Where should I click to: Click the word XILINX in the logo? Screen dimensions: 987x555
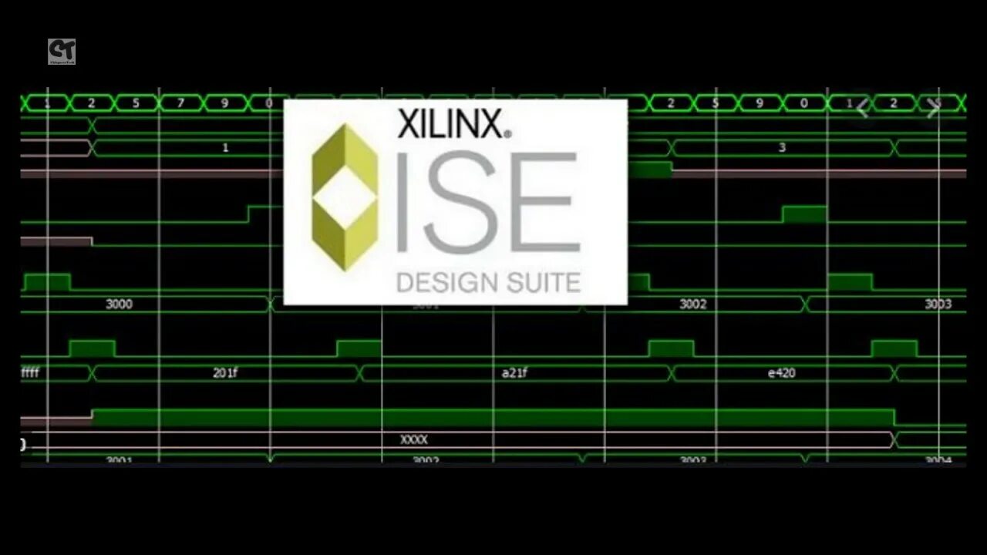pos(450,123)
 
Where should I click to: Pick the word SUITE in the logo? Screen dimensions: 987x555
pos(544,282)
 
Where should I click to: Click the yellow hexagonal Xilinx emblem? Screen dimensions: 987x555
pos(345,197)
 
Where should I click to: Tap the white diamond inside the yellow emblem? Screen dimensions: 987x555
pos(345,199)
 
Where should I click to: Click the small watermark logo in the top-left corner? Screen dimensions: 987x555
pos(62,52)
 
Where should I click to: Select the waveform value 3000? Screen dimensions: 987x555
pos(119,304)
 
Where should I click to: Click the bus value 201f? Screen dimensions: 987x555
pos(225,373)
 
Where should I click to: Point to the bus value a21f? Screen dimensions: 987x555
pos(514,373)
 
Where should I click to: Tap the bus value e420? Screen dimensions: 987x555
pos(781,373)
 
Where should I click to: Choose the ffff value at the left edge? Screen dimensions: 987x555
pos(30,373)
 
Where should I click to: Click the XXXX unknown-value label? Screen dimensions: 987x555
pos(414,440)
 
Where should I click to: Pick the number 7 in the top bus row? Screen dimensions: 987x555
pos(181,103)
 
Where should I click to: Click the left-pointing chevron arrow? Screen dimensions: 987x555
pos(863,109)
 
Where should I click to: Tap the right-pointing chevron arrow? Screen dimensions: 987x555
pos(933,109)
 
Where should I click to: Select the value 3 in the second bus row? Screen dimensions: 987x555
pos(782,147)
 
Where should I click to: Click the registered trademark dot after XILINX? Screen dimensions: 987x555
pos(507,133)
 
